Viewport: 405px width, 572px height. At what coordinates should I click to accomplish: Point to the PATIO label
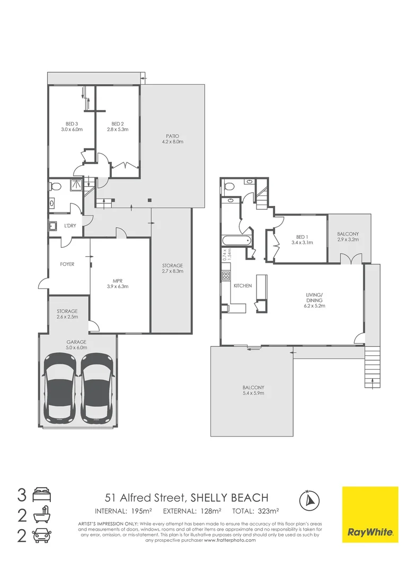(172, 137)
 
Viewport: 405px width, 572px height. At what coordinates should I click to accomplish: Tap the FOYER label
(67, 264)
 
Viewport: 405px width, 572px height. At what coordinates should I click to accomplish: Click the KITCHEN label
(242, 286)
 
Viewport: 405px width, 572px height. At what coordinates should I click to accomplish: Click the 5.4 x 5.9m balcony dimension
(253, 394)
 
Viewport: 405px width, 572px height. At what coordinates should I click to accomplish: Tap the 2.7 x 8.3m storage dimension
(172, 271)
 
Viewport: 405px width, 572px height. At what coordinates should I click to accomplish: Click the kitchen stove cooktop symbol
(225, 276)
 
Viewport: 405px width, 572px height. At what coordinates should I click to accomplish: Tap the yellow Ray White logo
(370, 514)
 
